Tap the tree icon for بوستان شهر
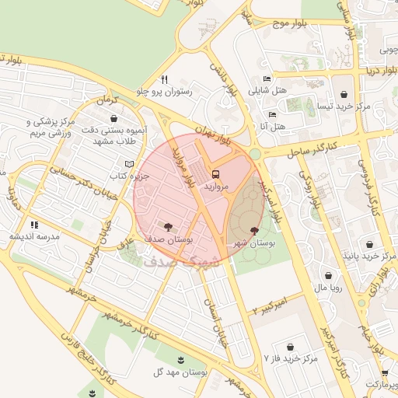click(x=256, y=230)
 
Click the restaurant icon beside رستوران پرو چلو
click(x=164, y=79)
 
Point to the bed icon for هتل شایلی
click(x=267, y=79)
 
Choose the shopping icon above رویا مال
click(x=330, y=274)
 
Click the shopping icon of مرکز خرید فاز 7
click(x=291, y=346)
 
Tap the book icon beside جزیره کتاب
click(x=129, y=164)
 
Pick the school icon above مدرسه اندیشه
click(x=33, y=224)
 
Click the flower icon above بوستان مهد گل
click(x=180, y=359)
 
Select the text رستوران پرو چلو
click(x=168, y=92)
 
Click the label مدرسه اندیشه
click(x=33, y=236)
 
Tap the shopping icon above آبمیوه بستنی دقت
click(x=115, y=119)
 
